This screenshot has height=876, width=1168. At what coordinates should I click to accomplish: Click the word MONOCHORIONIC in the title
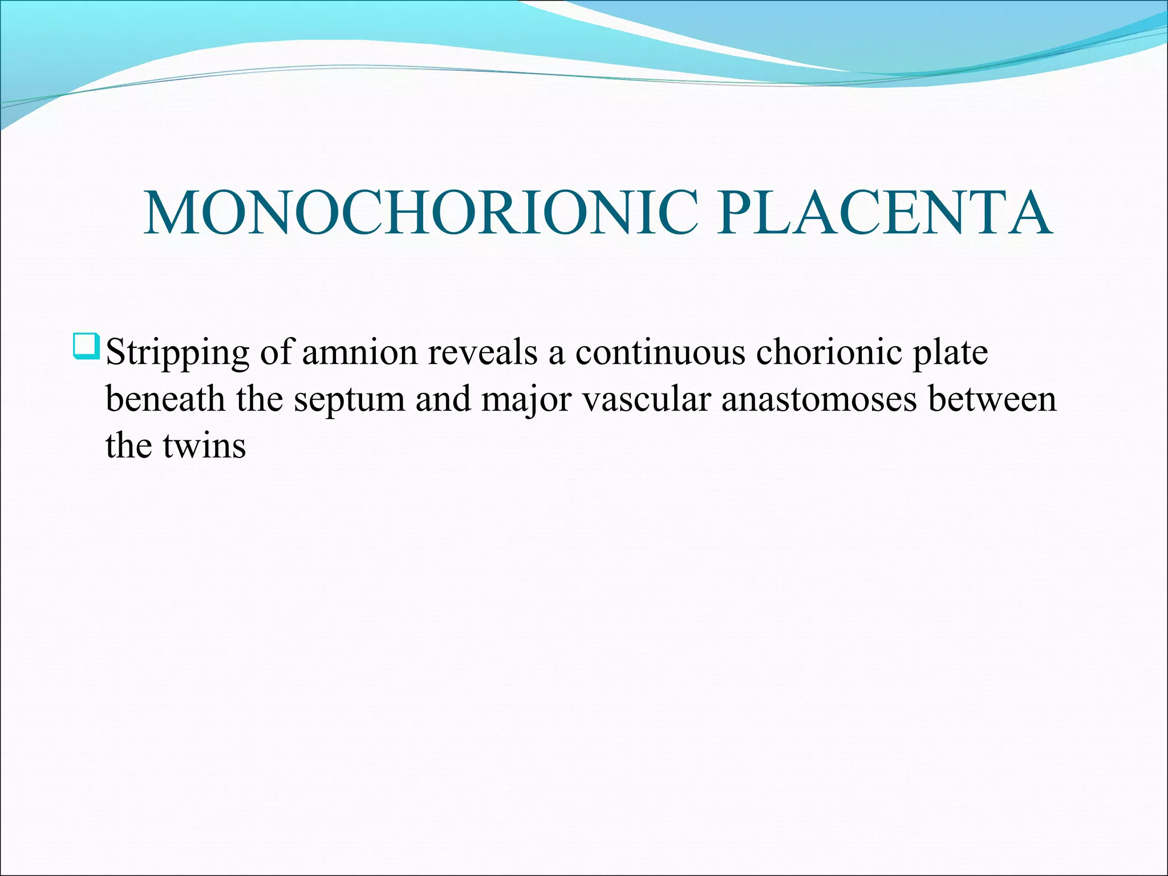pyautogui.click(x=421, y=213)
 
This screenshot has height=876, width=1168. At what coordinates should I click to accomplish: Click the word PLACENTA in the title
pyautogui.click(x=884, y=213)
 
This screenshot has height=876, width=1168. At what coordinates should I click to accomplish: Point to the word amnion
pyautogui.click(x=360, y=352)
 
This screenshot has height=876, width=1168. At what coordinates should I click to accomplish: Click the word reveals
pyautogui.click(x=482, y=352)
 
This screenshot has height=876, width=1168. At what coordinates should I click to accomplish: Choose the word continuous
pyautogui.click(x=660, y=352)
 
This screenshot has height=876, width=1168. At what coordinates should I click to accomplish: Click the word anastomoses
pyautogui.click(x=819, y=399)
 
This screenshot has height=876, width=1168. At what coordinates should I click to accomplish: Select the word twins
pyautogui.click(x=204, y=445)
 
